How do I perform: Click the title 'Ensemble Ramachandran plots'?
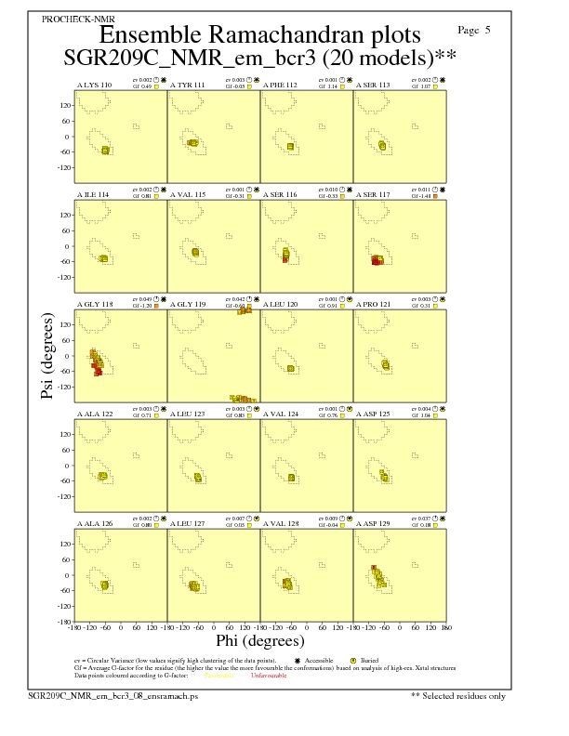(259, 36)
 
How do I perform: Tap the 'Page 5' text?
(475, 31)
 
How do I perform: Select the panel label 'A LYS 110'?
(94, 85)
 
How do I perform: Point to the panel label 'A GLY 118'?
(94, 304)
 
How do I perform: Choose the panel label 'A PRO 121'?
(374, 304)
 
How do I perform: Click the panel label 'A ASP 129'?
(374, 523)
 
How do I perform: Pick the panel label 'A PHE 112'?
(280, 85)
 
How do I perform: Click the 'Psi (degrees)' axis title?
(46, 357)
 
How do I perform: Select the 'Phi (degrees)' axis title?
(259, 640)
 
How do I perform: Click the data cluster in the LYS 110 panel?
(105, 150)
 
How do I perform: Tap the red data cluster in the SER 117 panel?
(377, 261)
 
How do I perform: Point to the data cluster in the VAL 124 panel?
(292, 478)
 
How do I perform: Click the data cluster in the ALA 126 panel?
(105, 585)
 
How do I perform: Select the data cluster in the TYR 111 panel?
(192, 142)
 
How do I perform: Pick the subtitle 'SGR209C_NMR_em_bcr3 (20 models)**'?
(259, 58)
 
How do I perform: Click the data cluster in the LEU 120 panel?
(291, 369)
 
